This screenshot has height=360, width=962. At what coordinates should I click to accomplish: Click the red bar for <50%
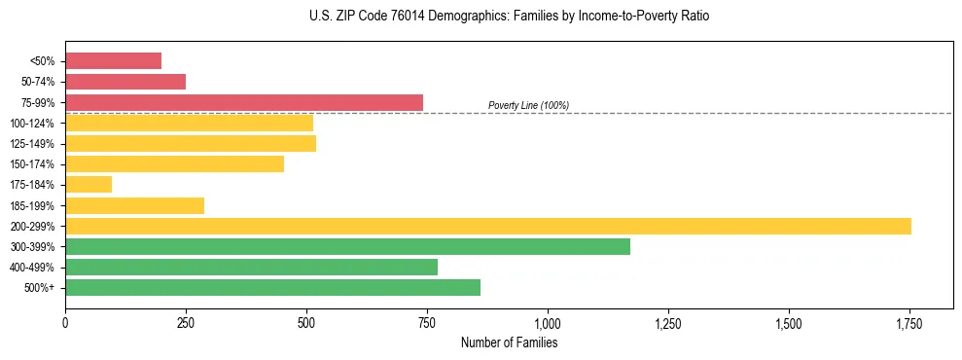[x=113, y=61]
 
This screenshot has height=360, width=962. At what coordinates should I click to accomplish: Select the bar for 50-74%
[x=125, y=82]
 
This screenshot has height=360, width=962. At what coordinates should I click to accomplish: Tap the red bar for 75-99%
[x=244, y=102]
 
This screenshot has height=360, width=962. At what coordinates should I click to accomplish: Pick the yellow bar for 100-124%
[x=189, y=123]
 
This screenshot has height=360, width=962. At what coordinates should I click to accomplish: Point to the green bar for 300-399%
[x=347, y=246]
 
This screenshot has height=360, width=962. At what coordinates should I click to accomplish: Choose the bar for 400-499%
[x=251, y=267]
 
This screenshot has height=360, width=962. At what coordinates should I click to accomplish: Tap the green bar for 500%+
[x=272, y=287]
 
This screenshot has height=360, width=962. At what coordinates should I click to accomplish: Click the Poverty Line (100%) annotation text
[x=528, y=105]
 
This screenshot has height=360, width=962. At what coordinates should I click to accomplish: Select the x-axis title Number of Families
[x=509, y=342]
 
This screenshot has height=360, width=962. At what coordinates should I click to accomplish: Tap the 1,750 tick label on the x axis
[x=909, y=323]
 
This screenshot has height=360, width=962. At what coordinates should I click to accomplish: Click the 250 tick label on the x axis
[x=186, y=323]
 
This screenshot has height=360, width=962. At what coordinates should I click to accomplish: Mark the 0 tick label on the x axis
[x=65, y=323]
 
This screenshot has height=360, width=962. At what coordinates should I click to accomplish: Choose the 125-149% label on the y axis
[x=34, y=144]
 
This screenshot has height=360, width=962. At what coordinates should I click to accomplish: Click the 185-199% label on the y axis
[x=34, y=205]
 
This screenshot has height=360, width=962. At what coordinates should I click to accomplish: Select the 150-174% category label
[x=34, y=164]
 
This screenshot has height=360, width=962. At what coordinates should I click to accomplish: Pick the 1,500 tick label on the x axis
[x=789, y=323]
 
